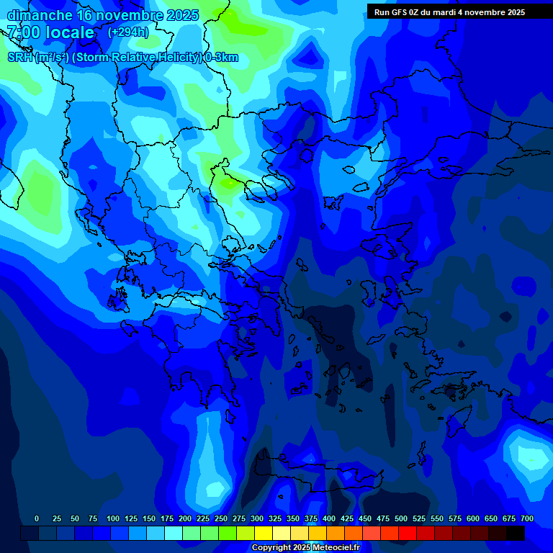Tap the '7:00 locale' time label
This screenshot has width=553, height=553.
coord(50,32)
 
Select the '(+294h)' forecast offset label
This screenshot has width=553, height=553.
coord(128,32)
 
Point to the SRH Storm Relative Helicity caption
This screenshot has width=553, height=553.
coord(122,58)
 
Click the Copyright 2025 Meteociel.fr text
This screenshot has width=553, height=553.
coord(305,548)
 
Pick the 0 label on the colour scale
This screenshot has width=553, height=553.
coord(37,518)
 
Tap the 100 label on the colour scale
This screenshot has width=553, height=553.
coord(113,518)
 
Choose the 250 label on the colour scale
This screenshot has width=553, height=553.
coord(221,518)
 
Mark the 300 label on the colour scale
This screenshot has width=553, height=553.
coord(257,518)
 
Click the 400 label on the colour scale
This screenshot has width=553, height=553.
coord(329,518)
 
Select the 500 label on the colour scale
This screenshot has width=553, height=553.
coord(401,518)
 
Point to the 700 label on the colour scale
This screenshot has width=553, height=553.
coord(527,518)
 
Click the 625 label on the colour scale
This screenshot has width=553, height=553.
coord(491,518)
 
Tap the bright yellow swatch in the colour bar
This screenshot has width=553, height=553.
coord(264,533)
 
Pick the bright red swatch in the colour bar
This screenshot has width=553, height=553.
coord(408,533)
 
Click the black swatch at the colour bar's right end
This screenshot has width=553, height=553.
coord(516,533)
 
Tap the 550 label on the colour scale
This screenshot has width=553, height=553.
coord(437,518)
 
